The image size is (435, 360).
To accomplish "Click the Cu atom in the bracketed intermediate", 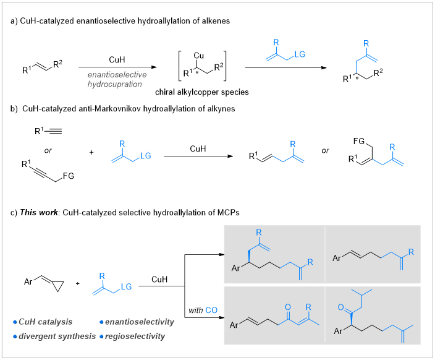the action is pos(198,56).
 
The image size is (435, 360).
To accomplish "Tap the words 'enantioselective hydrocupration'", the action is pos(117,79).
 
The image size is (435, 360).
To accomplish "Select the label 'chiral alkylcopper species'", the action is pos(201,92).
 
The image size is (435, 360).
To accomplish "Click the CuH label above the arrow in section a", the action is pos(117,60).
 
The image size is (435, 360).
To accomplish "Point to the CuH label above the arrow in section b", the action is pos(198,149).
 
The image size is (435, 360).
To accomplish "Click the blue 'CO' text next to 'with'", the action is pos(211,311).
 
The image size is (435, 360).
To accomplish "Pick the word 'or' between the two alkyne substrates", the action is pos(48,150).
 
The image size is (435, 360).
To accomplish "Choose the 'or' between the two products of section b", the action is pos(325,150).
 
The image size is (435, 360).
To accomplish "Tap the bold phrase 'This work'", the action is pos(39,213).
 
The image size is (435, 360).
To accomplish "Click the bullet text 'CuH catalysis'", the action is pos(45,322).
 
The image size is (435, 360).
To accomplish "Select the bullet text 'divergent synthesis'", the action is pos(57,336).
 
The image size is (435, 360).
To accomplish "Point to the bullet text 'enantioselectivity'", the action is pos(140,322).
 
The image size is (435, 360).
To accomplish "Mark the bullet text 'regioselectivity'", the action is pos(135,336).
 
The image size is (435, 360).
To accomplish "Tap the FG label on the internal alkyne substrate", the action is pos(69,176).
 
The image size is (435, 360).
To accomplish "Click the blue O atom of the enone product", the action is pos(288,307).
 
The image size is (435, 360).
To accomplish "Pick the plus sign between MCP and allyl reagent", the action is pos(78,284).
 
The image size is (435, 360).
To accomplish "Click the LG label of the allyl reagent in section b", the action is pos(146,156).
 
